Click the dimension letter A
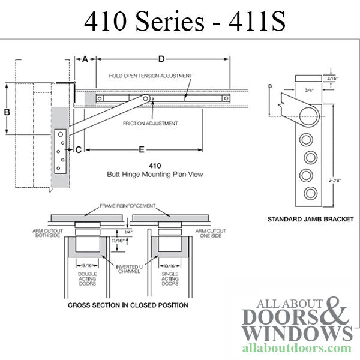point(85,59)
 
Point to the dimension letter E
point(141,148)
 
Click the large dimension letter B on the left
point(7,112)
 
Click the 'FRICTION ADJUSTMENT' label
point(151,124)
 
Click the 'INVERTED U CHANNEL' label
point(128,268)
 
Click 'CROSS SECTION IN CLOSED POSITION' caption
point(128,305)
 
